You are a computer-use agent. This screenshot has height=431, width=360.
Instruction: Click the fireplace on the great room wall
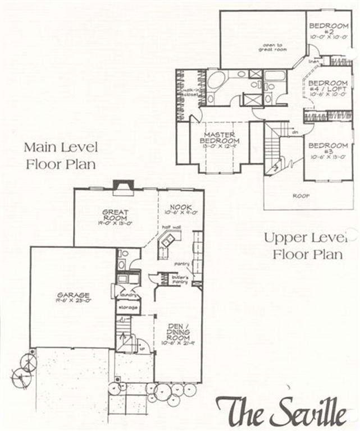click(121, 187)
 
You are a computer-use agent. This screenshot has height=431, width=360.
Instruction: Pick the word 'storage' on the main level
click(127, 308)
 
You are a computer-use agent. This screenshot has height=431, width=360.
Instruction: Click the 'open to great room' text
click(272, 46)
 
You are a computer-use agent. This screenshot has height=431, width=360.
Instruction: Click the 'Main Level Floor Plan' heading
click(61, 156)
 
